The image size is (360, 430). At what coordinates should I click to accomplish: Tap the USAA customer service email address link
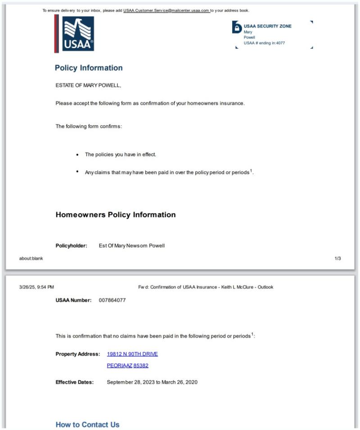[166, 10]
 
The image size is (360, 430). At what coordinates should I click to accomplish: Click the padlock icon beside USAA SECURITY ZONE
[237, 28]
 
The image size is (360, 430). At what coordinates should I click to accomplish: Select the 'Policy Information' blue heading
[89, 68]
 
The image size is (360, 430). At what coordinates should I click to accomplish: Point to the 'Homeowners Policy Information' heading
[116, 215]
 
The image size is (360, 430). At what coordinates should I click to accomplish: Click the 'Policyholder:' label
[71, 246]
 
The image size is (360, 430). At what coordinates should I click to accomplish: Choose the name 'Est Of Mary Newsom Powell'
[132, 246]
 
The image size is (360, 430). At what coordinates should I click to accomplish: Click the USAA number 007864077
[112, 300]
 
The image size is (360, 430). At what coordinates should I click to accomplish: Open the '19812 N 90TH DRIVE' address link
[132, 354]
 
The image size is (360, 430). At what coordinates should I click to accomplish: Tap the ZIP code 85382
[141, 366]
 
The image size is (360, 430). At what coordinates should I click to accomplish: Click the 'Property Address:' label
[77, 354]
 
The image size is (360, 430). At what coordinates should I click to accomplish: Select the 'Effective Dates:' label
[75, 382]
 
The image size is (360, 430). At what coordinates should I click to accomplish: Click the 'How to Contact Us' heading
[87, 425]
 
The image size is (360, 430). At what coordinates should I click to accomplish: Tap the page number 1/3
[337, 258]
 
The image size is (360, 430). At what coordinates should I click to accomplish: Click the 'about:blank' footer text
[31, 258]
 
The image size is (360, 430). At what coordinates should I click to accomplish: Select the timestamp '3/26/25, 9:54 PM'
[36, 287]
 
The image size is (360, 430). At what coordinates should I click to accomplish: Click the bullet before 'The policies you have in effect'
[78, 155]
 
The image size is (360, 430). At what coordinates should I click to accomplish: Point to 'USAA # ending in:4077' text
[264, 43]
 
